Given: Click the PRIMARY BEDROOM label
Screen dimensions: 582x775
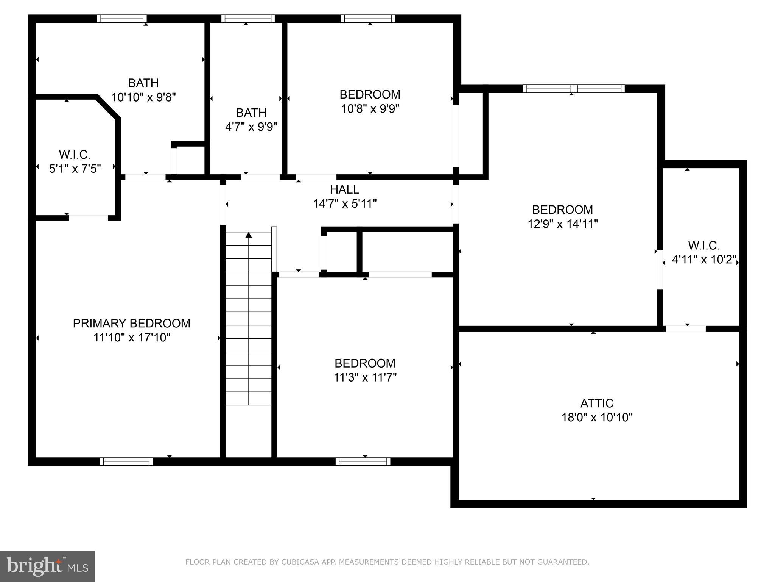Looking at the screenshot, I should pyautogui.click(x=131, y=323).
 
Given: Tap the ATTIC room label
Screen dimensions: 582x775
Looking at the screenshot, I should pyautogui.click(x=597, y=403).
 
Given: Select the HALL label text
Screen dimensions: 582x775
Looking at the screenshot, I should pyautogui.click(x=344, y=189).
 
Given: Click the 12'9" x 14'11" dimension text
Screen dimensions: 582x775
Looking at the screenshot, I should pyautogui.click(x=562, y=224).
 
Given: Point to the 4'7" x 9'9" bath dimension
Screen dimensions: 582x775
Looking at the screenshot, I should pyautogui.click(x=251, y=127).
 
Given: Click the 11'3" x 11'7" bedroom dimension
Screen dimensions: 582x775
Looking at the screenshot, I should pyautogui.click(x=365, y=377).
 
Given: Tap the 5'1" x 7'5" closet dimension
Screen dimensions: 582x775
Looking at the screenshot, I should pyautogui.click(x=75, y=169).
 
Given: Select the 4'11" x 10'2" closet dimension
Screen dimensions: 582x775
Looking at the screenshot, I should pyautogui.click(x=704, y=260).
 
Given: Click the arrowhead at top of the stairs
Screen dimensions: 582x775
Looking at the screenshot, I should pyautogui.click(x=249, y=235).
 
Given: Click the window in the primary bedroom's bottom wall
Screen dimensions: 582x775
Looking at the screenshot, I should pyautogui.click(x=126, y=462).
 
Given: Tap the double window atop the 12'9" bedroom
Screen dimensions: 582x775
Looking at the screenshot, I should pyautogui.click(x=574, y=89).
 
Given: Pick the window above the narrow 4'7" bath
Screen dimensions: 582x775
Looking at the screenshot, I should pyautogui.click(x=248, y=19).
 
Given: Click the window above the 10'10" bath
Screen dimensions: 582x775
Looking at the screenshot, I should pyautogui.click(x=122, y=19).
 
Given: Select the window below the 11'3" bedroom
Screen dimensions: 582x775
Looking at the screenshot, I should pyautogui.click(x=363, y=462).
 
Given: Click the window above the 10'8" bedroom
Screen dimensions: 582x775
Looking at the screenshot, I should pyautogui.click(x=368, y=19).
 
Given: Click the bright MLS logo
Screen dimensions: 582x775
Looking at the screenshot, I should pyautogui.click(x=47, y=566).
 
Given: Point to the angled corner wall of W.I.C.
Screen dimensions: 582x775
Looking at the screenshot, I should pyautogui.click(x=109, y=107).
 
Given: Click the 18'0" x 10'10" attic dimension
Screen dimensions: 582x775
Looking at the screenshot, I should pyautogui.click(x=597, y=417).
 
